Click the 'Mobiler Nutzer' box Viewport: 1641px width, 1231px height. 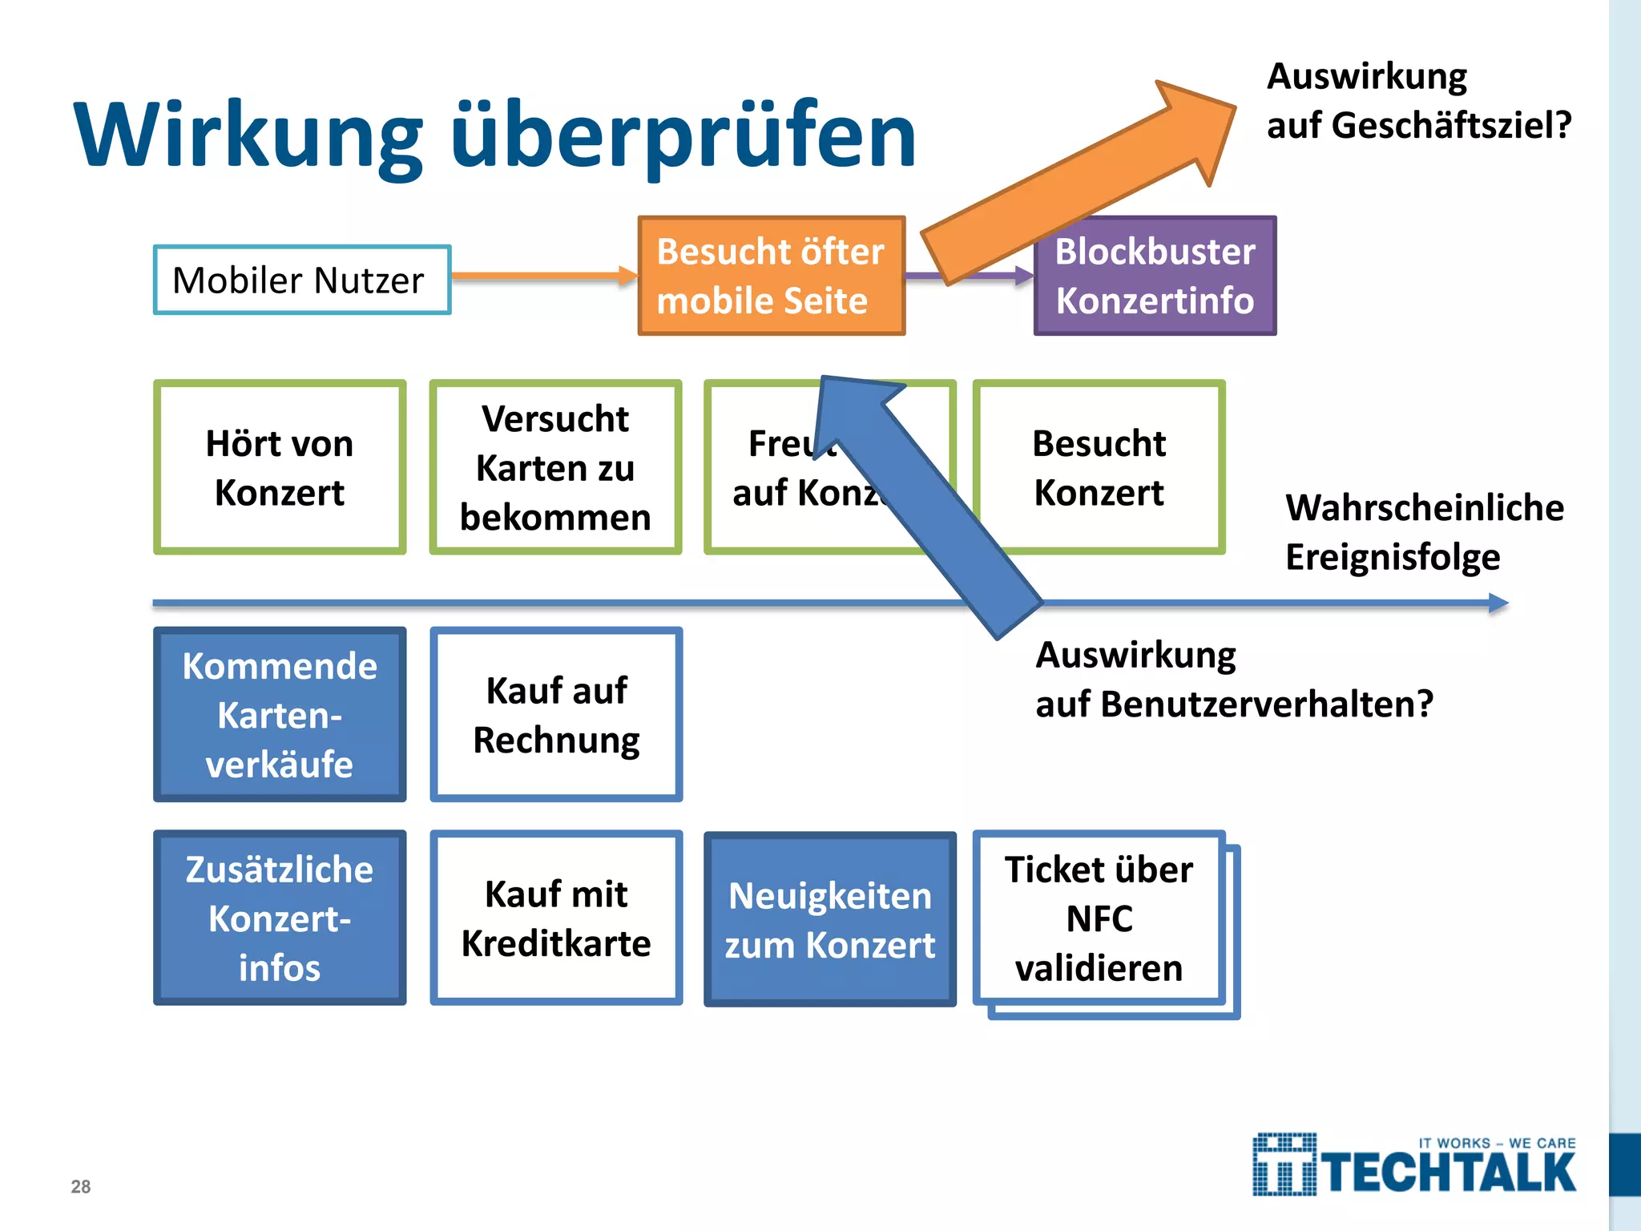302,280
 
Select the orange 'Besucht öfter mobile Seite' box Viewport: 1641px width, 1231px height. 771,276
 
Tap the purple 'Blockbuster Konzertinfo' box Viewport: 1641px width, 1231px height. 1155,276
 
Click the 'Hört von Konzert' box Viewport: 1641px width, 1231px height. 280,467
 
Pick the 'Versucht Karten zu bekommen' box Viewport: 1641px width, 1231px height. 555,467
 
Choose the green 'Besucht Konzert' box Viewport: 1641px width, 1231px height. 1099,467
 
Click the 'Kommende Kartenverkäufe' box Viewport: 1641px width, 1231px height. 280,714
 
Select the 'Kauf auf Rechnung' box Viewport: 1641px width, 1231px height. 556,714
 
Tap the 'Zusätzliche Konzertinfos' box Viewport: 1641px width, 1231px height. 280,918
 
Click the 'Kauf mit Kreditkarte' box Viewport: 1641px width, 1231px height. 556,918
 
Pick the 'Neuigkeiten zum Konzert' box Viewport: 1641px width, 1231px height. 829,919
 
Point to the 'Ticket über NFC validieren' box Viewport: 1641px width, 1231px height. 1099,918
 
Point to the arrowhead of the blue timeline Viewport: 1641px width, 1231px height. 1498,603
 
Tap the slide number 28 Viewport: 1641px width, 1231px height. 81,1187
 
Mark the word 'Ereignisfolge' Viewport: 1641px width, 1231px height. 1393,557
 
